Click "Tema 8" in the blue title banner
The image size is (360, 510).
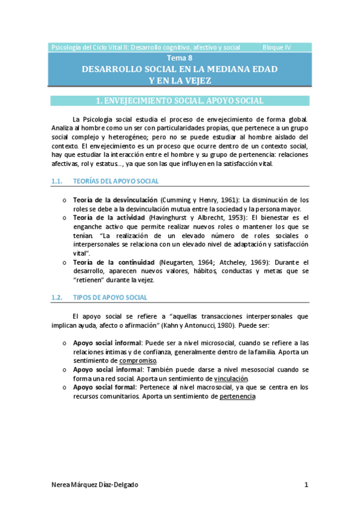tap(180, 58)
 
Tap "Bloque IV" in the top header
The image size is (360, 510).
tap(277, 47)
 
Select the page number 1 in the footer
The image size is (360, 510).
tap(306, 485)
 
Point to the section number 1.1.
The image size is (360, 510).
tap(57, 180)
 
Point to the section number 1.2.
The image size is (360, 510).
tap(57, 297)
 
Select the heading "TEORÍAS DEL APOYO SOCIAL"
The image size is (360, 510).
tap(116, 180)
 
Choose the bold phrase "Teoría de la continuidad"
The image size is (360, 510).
tap(114, 262)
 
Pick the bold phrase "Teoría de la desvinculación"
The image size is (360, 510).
tap(116, 200)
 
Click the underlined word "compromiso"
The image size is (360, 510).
tap(138, 360)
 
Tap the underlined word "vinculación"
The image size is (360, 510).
tap(231, 379)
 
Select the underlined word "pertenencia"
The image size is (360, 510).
tap(238, 397)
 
